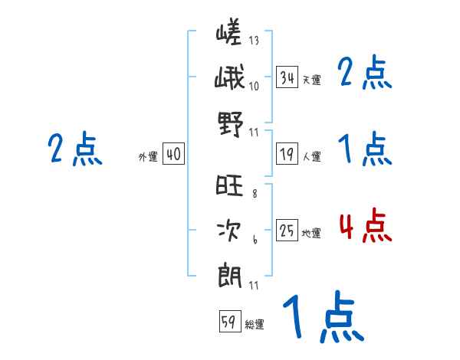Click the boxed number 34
pyautogui.click(x=287, y=77)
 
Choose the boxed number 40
pyautogui.click(x=173, y=155)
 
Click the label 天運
pyautogui.click(x=311, y=80)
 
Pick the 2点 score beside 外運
pyautogui.click(x=74, y=149)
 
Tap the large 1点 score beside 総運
pyautogui.click(x=322, y=318)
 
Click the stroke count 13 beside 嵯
pyautogui.click(x=254, y=41)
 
